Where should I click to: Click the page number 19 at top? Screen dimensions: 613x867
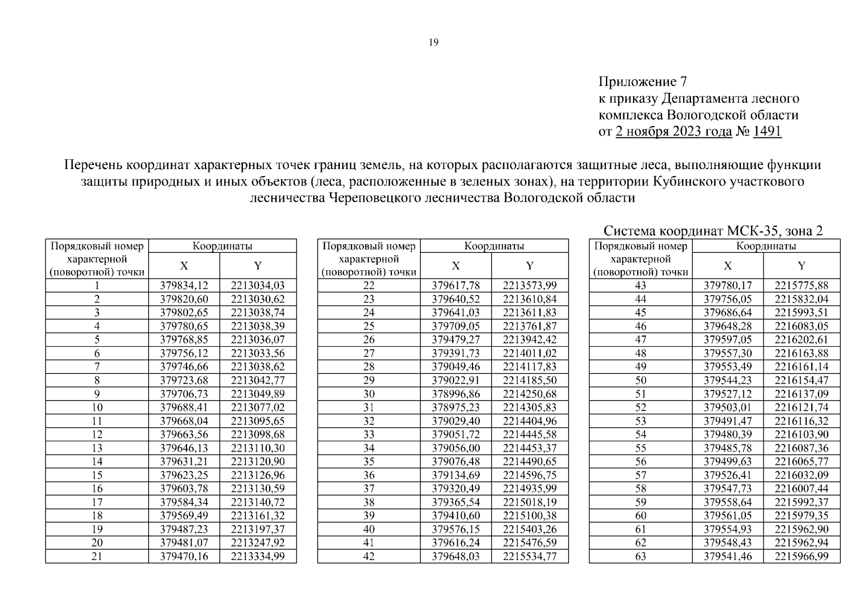433,42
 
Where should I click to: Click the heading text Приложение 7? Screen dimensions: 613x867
643,82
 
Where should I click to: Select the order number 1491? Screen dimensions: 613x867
767,131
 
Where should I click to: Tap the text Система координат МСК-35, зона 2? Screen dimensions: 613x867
713,231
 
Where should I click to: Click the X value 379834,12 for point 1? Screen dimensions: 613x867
184,286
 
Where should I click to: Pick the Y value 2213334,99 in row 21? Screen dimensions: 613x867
257,556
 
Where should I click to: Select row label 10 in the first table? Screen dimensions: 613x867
97,408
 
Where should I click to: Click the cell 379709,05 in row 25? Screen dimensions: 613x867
456,326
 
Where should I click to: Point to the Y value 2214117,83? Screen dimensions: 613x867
529,367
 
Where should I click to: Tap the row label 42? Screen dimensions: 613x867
368,556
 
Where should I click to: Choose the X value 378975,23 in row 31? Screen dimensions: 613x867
456,408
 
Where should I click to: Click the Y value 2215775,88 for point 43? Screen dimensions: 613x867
801,286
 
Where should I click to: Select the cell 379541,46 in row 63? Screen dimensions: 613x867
728,556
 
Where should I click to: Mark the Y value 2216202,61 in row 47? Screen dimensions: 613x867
801,340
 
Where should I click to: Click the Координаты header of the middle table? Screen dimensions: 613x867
494,246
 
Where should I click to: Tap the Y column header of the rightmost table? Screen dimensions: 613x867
801,266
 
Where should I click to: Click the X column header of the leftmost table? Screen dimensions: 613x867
184,266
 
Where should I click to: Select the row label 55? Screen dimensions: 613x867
640,448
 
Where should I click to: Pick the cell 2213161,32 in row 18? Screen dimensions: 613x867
257,515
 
